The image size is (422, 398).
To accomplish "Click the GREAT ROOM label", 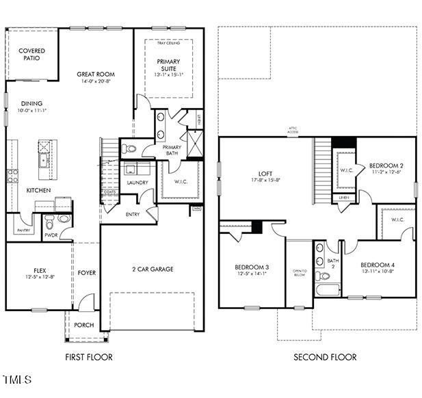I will click(x=95, y=74).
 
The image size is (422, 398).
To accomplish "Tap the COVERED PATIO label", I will click(x=31, y=55).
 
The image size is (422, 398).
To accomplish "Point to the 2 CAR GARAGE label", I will click(x=153, y=269).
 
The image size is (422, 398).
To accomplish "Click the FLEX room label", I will click(x=40, y=270).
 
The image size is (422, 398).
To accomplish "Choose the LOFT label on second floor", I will click(x=265, y=174).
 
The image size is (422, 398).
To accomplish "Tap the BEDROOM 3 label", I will click(x=252, y=267).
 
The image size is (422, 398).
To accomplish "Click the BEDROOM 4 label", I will click(x=378, y=265).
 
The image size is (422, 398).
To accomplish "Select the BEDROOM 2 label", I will click(x=386, y=165).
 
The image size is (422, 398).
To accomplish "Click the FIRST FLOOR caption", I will click(x=88, y=356).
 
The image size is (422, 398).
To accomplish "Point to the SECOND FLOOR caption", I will click(x=325, y=356).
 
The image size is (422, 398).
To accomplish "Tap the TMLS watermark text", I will click(x=17, y=378).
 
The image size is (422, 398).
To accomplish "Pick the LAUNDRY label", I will click(x=137, y=183).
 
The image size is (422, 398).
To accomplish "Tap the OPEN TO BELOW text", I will click(x=300, y=274).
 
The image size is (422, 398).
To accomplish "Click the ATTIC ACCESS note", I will click(x=293, y=131).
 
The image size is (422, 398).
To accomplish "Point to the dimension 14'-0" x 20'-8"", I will click(x=95, y=82).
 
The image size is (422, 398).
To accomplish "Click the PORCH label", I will click(x=84, y=325).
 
